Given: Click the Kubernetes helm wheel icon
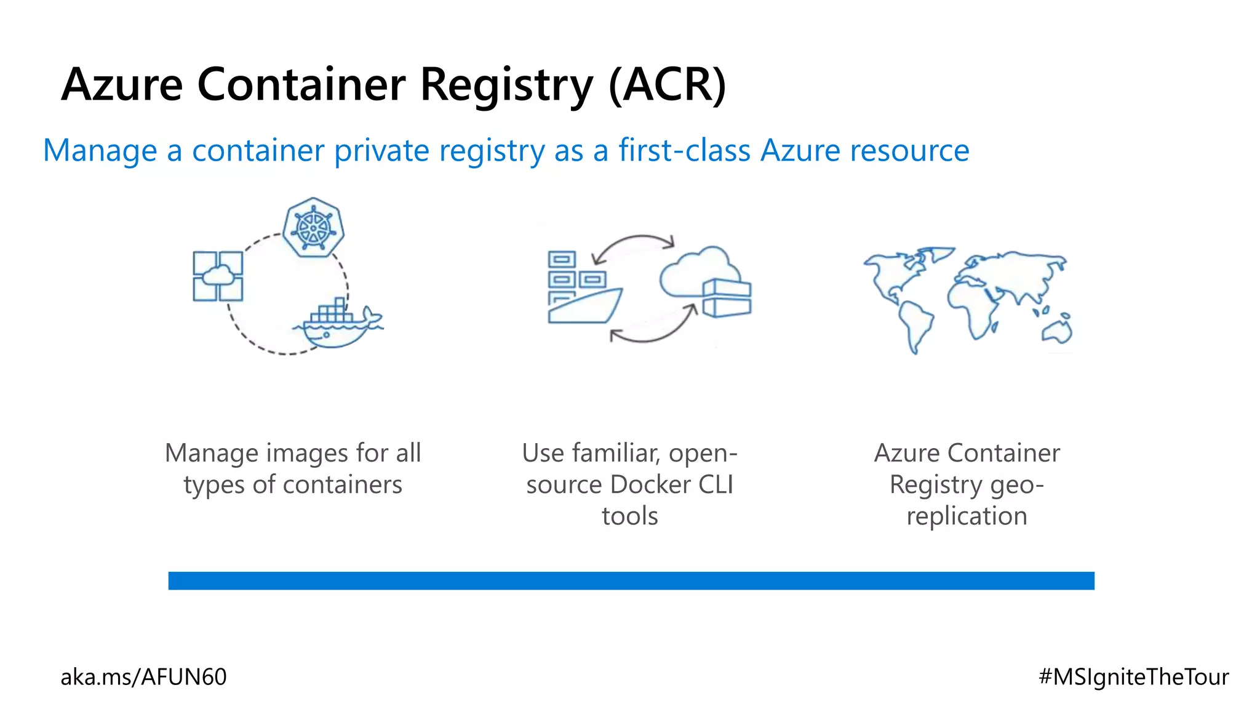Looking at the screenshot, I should pyautogui.click(x=313, y=227).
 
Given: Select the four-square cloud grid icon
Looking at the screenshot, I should pyautogui.click(x=218, y=276).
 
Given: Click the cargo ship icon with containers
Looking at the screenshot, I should pyautogui.click(x=582, y=289).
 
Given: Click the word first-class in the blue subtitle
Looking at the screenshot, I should pyautogui.click(x=684, y=150).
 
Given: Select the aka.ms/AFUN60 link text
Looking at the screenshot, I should pyautogui.click(x=143, y=677).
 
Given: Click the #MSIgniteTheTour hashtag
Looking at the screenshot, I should pyautogui.click(x=1133, y=677).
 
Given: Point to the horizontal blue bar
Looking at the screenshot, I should pyautogui.click(x=631, y=580).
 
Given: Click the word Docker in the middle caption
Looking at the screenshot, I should pyautogui.click(x=652, y=485).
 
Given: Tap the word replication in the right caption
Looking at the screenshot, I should pyautogui.click(x=967, y=516).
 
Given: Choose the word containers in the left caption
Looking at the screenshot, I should pyautogui.click(x=342, y=485).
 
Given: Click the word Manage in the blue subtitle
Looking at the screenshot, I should pyautogui.click(x=100, y=151).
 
